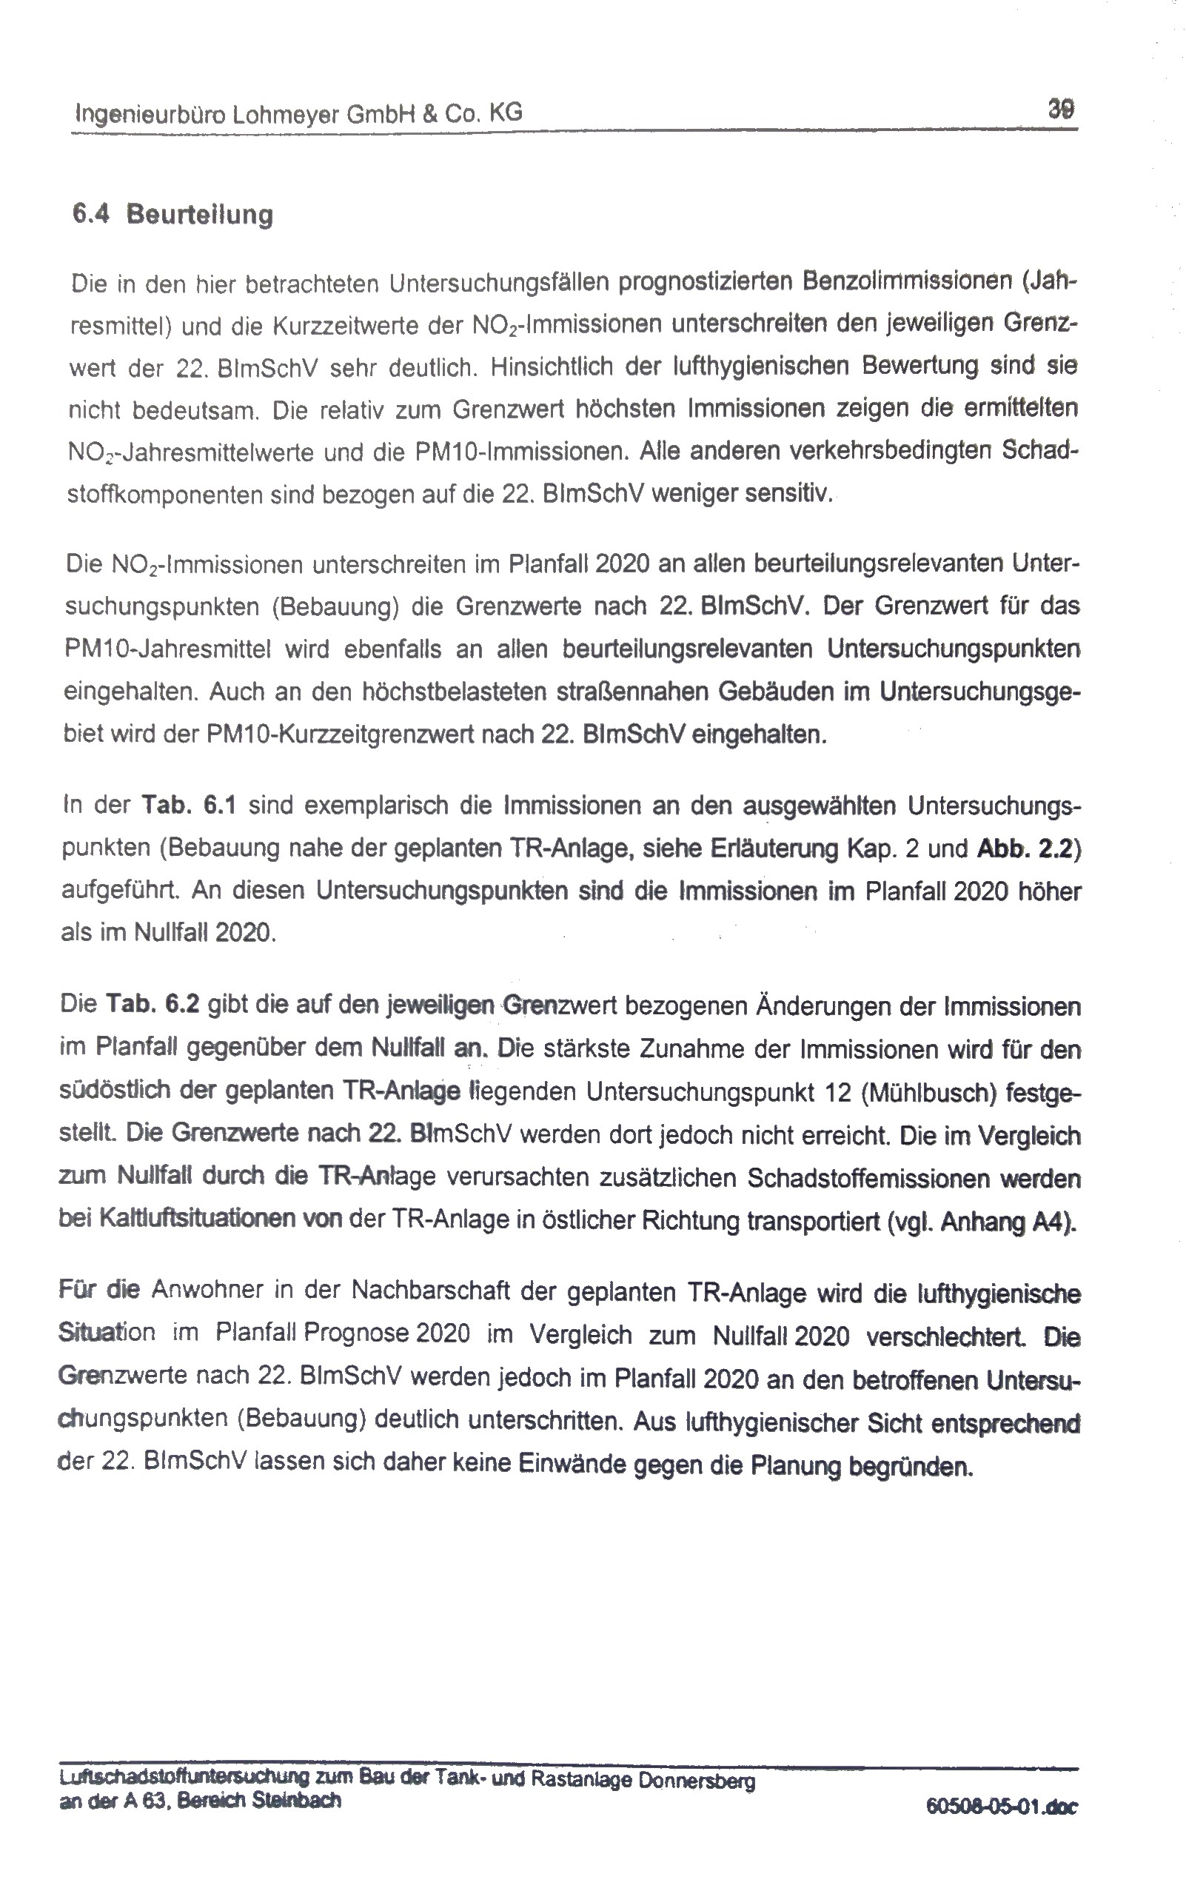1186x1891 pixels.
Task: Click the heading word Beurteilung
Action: click(199, 214)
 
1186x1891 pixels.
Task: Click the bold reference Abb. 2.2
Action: click(1026, 849)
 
